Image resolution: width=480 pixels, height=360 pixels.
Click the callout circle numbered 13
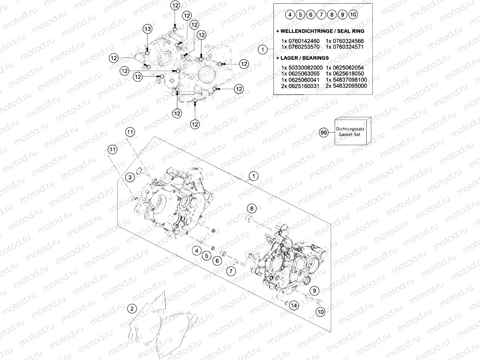(147, 29)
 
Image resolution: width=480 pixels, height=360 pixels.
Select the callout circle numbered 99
(324, 132)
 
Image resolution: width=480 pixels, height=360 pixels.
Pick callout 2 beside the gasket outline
(132, 309)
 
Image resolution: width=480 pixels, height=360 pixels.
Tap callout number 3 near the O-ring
(131, 177)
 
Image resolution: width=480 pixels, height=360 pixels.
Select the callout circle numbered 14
(294, 305)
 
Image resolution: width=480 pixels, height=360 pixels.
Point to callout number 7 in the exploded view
(231, 270)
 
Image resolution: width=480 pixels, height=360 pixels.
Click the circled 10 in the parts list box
(353, 14)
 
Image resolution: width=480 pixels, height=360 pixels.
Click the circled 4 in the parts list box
(290, 14)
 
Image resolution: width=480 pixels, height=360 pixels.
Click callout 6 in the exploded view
(216, 261)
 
